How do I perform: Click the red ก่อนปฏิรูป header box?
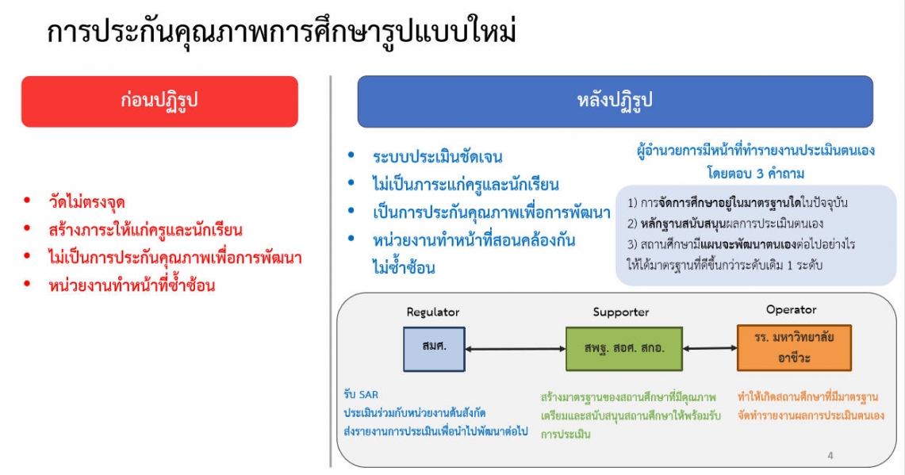coord(159,102)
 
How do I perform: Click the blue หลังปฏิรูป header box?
coord(615,102)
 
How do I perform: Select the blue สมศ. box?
coord(434,349)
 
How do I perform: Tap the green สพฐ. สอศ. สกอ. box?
coord(624,349)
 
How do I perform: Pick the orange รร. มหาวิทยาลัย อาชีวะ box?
coord(794,347)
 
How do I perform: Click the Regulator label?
coord(433,312)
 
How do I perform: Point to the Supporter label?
coord(621,312)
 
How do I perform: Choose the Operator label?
coord(792,310)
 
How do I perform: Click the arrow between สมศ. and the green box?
coord(516,349)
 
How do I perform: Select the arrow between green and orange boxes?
coord(710,348)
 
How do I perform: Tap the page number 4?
coord(830,456)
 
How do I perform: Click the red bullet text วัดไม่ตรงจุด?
coord(87,202)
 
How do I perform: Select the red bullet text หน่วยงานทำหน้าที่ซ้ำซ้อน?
coord(132,285)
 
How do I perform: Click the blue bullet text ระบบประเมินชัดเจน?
coord(438,157)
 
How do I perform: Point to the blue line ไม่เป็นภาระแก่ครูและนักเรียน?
coord(466,185)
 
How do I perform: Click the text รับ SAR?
coord(361,395)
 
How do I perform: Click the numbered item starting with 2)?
coord(726,224)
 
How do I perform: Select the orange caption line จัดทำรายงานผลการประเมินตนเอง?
coord(811,416)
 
